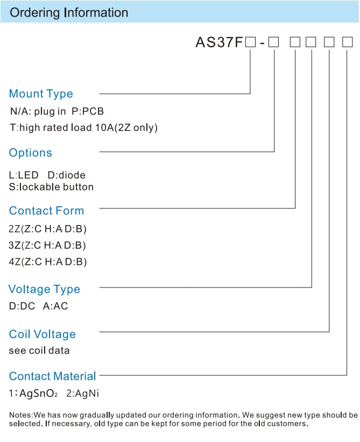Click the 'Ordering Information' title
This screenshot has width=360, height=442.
point(69,13)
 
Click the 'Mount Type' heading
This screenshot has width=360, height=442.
point(41,94)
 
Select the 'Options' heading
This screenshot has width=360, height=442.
point(31,153)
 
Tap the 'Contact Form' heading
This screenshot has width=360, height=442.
point(46,211)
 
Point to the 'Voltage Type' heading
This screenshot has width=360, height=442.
point(44,290)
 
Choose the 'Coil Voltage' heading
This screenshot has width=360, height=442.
point(43,334)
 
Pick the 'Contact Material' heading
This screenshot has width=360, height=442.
point(52,376)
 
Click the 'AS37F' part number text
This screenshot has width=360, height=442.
point(219,43)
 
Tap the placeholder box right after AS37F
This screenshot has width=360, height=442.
point(250,43)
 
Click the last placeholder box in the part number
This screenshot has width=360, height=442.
point(347,43)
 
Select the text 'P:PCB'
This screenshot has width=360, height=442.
point(88,111)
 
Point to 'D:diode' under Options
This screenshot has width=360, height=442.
point(67,175)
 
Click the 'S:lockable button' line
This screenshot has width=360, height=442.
point(51,187)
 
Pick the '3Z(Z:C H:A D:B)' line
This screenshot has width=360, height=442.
point(47,245)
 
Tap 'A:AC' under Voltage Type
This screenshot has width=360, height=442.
point(55,306)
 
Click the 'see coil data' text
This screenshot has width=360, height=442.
point(39,350)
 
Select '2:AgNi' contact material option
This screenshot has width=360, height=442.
point(82,393)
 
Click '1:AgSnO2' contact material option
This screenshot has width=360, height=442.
point(33,393)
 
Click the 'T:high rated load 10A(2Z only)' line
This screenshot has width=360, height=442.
point(83,128)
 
